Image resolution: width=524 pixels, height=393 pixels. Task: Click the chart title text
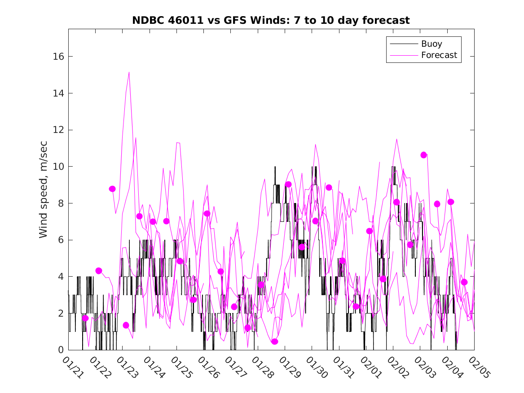pos(271,21)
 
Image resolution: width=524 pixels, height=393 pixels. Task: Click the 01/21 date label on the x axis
pos(72,367)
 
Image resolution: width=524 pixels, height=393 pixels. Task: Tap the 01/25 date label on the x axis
pos(181,367)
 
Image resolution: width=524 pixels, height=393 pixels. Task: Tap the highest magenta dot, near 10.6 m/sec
pos(423,155)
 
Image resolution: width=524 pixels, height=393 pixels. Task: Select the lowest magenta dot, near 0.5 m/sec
pos(275,341)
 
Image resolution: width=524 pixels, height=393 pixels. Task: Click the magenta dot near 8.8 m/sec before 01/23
pos(112,189)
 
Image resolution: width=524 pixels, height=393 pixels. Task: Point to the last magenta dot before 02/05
pos(464,282)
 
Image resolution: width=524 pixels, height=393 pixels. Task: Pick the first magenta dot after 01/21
pos(85,318)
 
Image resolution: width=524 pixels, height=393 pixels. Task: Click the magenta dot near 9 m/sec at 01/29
pos(288,184)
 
